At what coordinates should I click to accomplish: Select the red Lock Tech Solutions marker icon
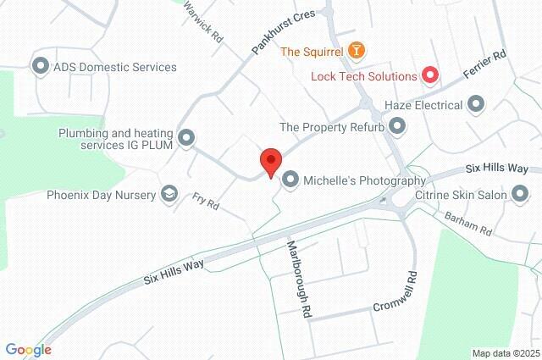[x=430, y=76]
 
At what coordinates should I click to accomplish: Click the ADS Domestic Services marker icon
[x=39, y=66]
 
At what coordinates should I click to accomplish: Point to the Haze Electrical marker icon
[x=476, y=105]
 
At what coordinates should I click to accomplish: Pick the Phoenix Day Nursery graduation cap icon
[x=169, y=195]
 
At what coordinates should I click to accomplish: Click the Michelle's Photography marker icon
[x=290, y=180]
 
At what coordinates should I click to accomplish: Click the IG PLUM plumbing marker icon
[x=187, y=137]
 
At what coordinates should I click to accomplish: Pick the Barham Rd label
[x=468, y=224]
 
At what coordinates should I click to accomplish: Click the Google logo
[x=28, y=350]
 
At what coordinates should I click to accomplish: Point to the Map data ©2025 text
[x=506, y=353]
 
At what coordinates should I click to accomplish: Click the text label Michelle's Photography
[x=365, y=180]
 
